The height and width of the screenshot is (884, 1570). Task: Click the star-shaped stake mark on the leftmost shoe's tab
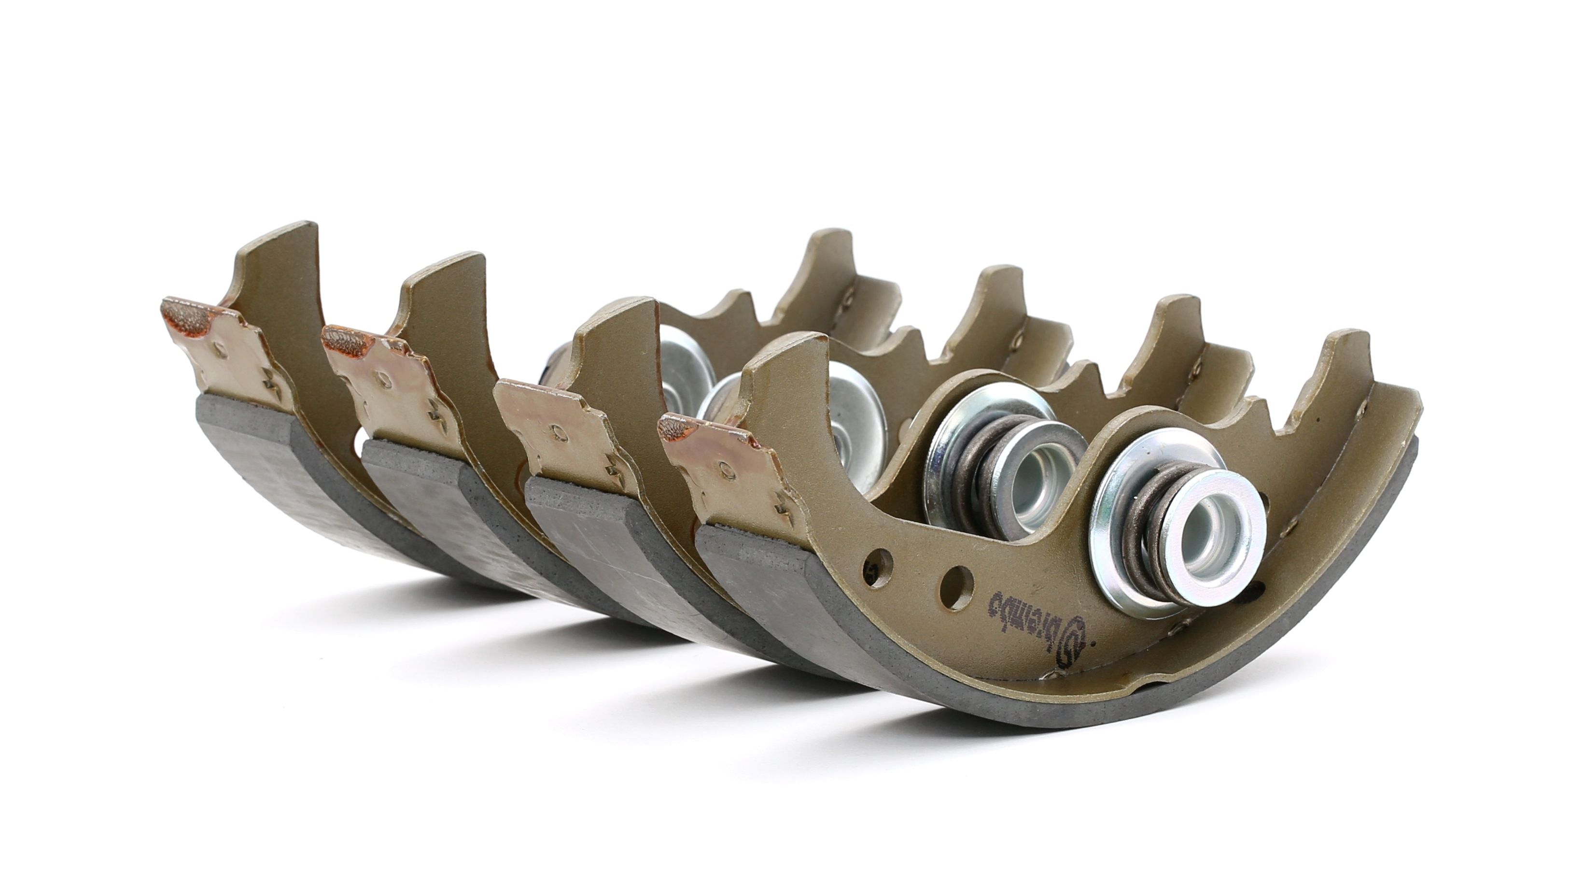click(x=268, y=381)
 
